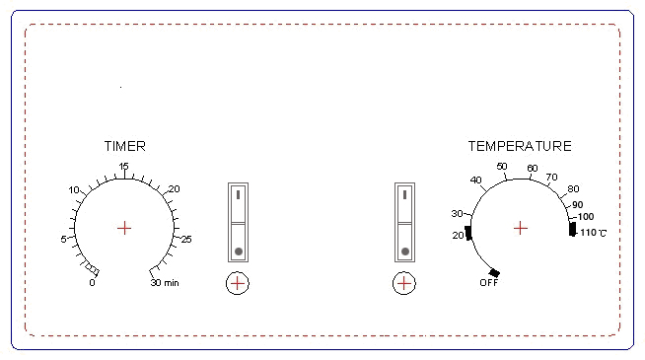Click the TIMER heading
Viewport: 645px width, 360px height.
pyautogui.click(x=124, y=146)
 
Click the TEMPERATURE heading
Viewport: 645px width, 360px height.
pyautogui.click(x=520, y=146)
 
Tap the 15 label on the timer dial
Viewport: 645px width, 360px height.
pyautogui.click(x=124, y=167)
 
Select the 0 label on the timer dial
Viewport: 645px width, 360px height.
pyautogui.click(x=92, y=283)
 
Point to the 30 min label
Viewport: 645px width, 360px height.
pyautogui.click(x=165, y=283)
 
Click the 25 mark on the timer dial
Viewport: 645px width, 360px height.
pyautogui.click(x=186, y=239)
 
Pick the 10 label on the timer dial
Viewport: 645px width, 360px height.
pyautogui.click(x=74, y=189)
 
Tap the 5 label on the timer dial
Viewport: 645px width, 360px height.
pyautogui.click(x=63, y=239)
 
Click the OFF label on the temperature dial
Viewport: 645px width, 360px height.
pyautogui.click(x=489, y=283)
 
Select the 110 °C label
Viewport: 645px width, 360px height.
pyautogui.click(x=593, y=233)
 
